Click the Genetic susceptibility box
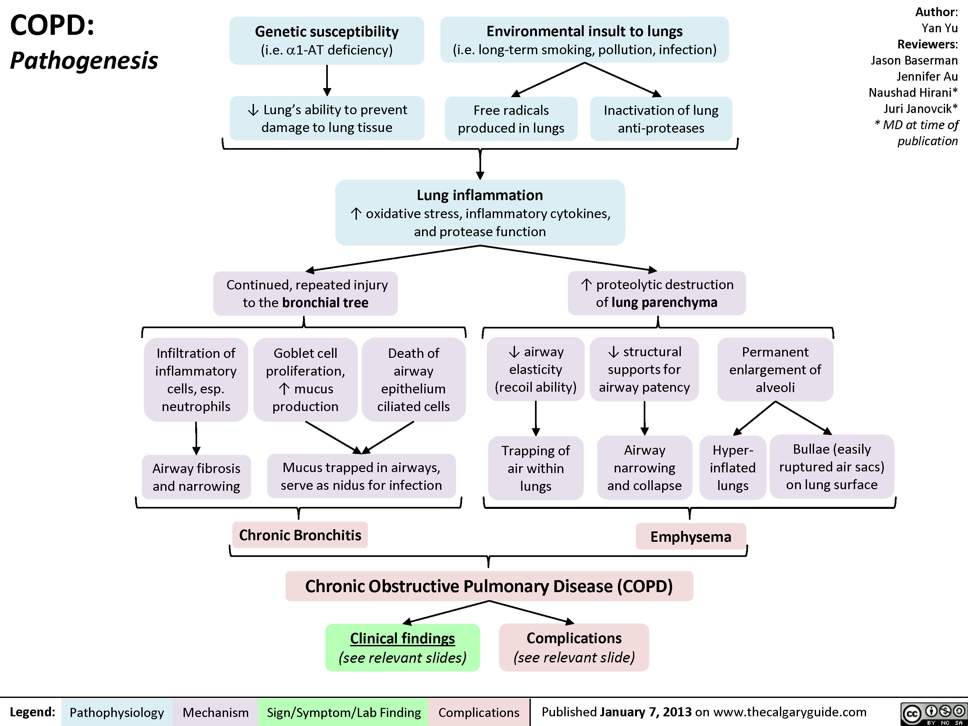(327, 41)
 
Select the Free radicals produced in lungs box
(511, 119)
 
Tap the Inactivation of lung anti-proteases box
(661, 119)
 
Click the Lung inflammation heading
(479, 195)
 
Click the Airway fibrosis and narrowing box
(196, 477)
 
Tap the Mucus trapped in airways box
(361, 476)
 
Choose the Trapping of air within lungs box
(536, 468)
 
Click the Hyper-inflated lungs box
(732, 467)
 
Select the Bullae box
(832, 467)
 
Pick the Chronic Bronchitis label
(300, 535)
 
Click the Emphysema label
(691, 537)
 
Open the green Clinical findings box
(402, 648)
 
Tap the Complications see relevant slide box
(574, 648)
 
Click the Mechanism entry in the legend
(215, 712)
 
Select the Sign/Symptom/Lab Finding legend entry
(344, 712)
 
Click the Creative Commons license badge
(933, 713)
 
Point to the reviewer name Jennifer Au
(927, 76)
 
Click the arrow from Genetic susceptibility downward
(327, 81)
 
